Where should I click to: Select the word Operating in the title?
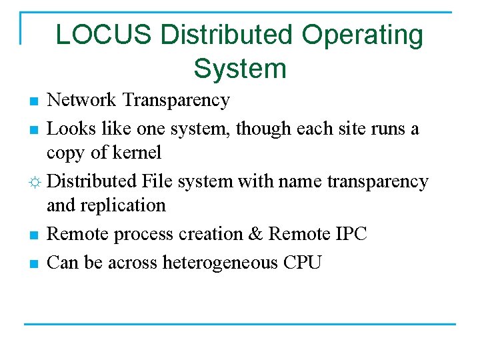[361, 35]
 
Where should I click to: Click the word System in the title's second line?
[240, 68]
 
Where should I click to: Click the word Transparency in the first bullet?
[177, 101]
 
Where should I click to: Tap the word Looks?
[70, 128]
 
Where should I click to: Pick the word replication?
[124, 205]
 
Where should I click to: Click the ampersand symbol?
[255, 234]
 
